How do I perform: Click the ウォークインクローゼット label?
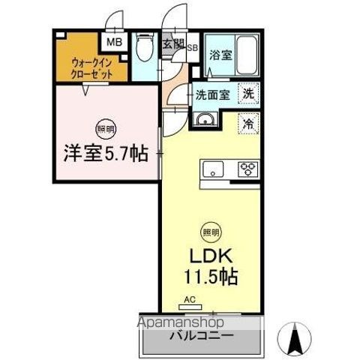pyautogui.click(x=93, y=69)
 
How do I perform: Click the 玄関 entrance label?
pyautogui.click(x=172, y=43)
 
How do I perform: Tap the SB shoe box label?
pyautogui.click(x=192, y=46)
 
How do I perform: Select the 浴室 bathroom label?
pyautogui.click(x=220, y=55)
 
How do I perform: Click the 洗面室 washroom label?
pyautogui.click(x=212, y=95)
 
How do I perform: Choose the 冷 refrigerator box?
pyautogui.click(x=247, y=124)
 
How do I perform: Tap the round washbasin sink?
pyautogui.click(x=203, y=120)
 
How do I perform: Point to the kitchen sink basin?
pyautogui.click(x=211, y=168)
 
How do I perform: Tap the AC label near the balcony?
pyautogui.click(x=190, y=300)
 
